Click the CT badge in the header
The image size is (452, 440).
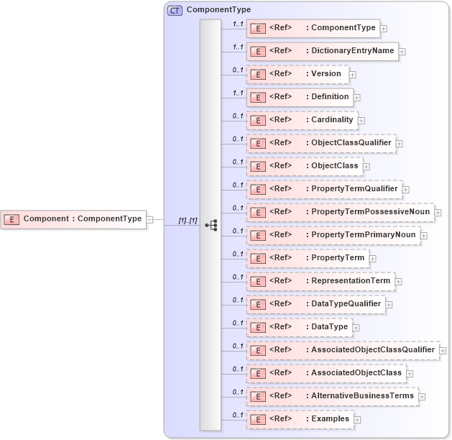click(175, 11)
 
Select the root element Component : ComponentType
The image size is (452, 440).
click(73, 219)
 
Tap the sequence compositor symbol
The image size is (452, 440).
click(211, 225)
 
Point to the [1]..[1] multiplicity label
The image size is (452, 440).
click(188, 221)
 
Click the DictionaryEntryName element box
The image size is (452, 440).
click(322, 51)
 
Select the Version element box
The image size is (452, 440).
click(298, 74)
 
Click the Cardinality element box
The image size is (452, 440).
click(302, 120)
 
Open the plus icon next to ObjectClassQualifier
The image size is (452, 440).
click(400, 144)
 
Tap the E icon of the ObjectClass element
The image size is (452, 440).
click(257, 167)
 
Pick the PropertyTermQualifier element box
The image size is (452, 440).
click(324, 189)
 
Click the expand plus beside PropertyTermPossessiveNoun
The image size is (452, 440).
click(438, 213)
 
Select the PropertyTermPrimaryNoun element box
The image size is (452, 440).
click(333, 235)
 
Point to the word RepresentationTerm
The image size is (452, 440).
click(351, 280)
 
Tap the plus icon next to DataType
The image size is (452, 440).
click(356, 328)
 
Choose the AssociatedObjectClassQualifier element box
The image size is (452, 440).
click(342, 350)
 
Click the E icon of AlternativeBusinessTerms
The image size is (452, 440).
click(257, 397)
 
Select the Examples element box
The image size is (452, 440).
click(300, 419)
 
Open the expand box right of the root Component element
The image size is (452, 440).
click(149, 219)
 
